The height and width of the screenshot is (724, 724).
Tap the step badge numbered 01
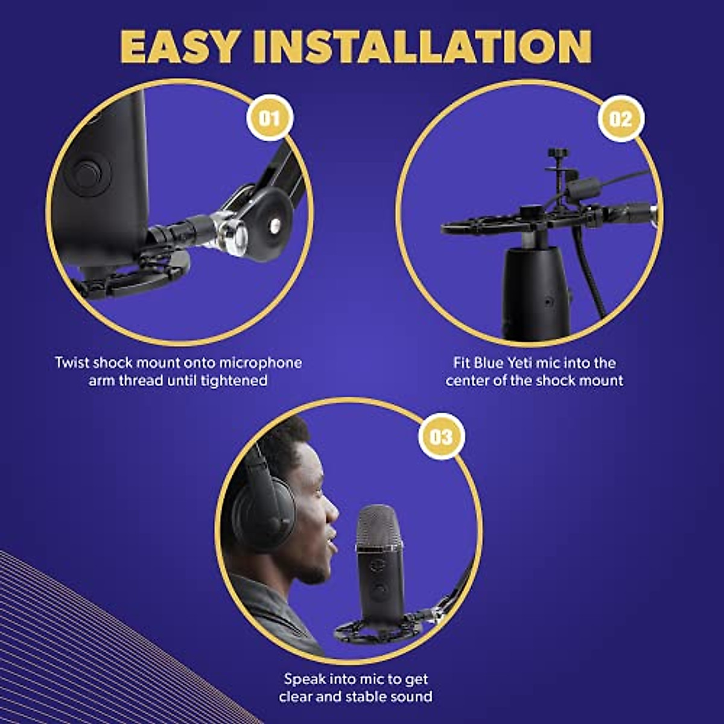pyautogui.click(x=270, y=118)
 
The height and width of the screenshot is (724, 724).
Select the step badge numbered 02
pyautogui.click(x=621, y=119)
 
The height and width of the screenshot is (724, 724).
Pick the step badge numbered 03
pyautogui.click(x=441, y=436)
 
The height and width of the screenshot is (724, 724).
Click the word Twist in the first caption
pyautogui.click(x=72, y=363)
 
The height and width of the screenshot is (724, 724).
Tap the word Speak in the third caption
pyautogui.click(x=305, y=679)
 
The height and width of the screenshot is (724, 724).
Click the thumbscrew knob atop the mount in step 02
pyautogui.click(x=554, y=154)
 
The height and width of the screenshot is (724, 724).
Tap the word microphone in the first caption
pyautogui.click(x=260, y=363)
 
